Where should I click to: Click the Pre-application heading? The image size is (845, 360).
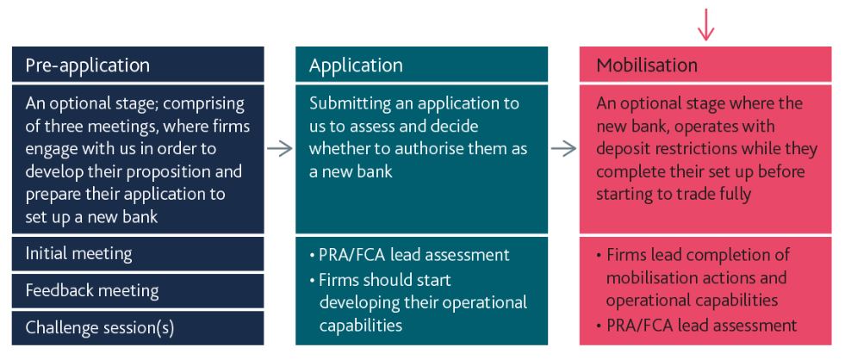(87, 65)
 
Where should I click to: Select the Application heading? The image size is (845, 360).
(355, 65)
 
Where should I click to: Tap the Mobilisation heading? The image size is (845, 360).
(646, 65)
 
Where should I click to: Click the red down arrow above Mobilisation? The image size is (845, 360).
(705, 23)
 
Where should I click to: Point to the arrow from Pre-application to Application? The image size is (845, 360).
(279, 148)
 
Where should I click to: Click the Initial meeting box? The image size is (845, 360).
(78, 254)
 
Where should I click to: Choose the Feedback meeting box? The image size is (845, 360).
(92, 290)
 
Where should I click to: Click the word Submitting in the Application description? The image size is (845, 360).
(349, 104)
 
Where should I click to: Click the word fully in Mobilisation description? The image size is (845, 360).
(732, 194)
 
